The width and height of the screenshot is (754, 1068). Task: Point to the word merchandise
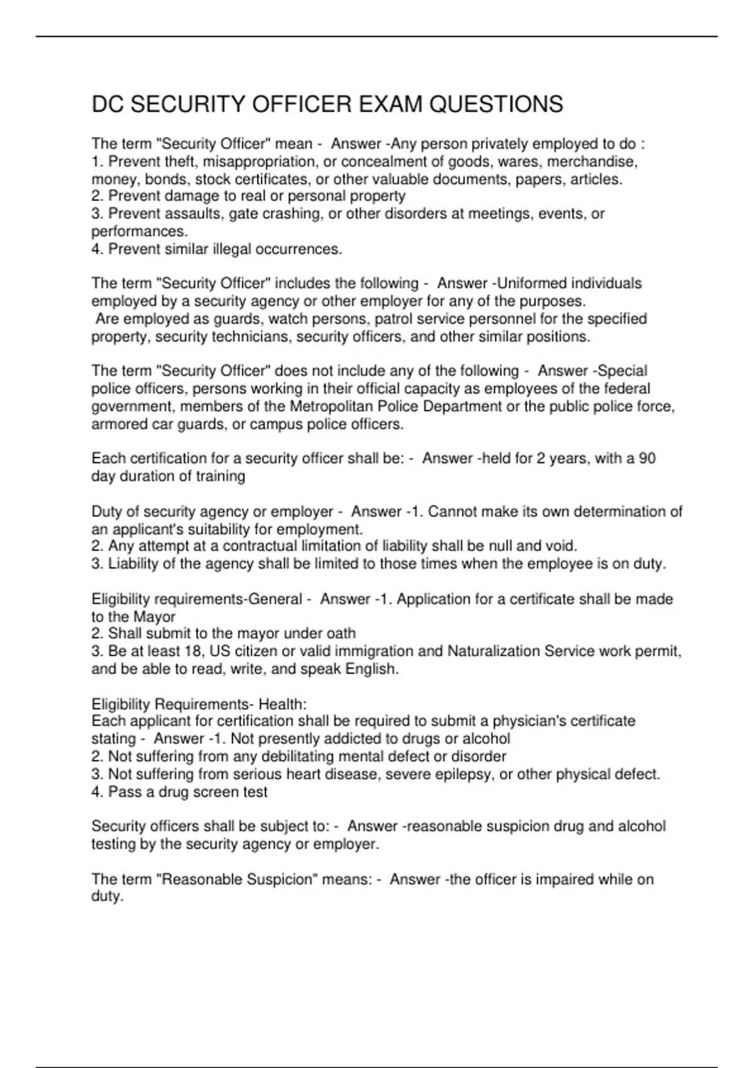(x=593, y=162)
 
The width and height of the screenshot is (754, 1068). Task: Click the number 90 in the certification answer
(x=647, y=459)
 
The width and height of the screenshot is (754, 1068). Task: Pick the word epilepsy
(x=464, y=774)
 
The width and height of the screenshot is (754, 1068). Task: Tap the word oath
(x=341, y=633)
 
